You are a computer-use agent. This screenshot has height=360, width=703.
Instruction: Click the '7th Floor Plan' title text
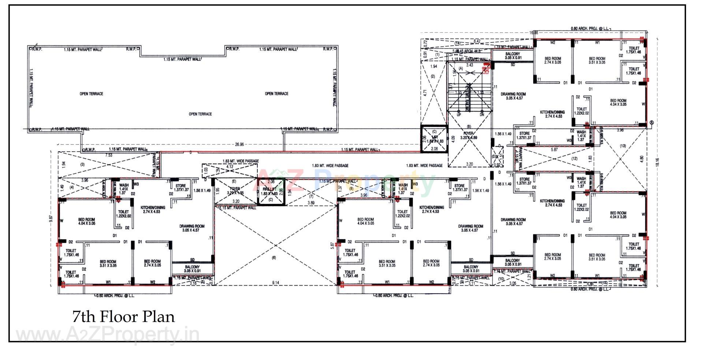tap(124, 317)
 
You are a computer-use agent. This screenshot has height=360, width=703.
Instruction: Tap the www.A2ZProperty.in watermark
tap(108, 334)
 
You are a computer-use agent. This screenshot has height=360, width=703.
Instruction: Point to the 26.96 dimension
tap(239, 145)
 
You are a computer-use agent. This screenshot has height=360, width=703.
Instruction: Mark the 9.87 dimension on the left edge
tap(51, 219)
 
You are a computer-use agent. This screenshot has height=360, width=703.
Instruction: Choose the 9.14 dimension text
tap(275, 283)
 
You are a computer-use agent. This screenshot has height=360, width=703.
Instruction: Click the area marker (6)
tap(274, 258)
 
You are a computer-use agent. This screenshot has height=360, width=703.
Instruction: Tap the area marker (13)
tap(623, 146)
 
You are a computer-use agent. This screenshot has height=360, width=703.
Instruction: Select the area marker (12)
tap(574, 159)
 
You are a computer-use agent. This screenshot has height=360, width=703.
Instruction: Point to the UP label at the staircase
tap(459, 115)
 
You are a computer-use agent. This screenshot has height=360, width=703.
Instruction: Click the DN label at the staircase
tap(482, 115)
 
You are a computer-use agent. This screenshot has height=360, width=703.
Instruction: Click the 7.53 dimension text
tap(109, 155)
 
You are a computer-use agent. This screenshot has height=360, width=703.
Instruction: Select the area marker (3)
tap(82, 164)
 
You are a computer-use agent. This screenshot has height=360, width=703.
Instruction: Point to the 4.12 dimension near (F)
tap(230, 167)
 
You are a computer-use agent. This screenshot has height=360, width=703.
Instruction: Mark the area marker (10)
tap(501, 279)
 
